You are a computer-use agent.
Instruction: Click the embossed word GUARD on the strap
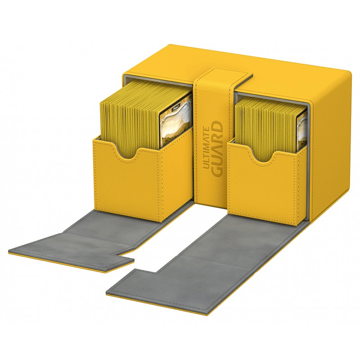click(217, 149)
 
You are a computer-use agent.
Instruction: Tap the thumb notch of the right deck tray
click(263, 156)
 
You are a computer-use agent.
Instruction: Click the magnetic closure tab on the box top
click(226, 76)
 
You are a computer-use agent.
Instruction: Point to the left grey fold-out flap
click(92, 239)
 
